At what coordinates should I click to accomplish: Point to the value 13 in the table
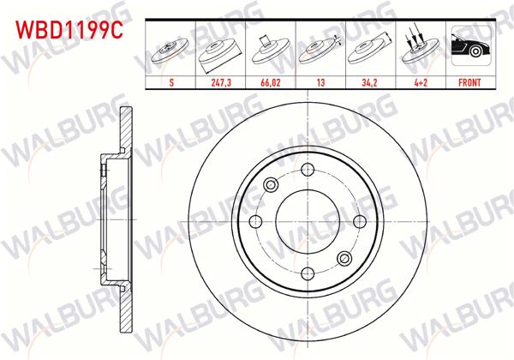pos(320,85)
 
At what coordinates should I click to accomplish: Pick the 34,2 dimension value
pos(370,85)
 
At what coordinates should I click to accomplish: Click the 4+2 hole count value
pos(420,85)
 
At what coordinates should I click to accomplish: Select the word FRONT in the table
pos(469,85)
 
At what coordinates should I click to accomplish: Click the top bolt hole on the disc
pos(308,170)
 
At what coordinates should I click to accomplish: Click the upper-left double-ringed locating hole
pos(272,184)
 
